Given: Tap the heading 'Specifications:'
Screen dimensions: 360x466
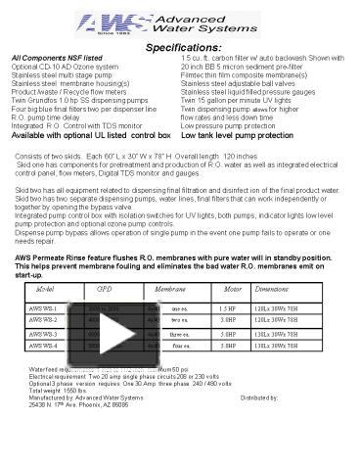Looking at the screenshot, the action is [182, 47].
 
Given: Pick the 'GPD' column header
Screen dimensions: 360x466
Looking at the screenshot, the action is [104, 290].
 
